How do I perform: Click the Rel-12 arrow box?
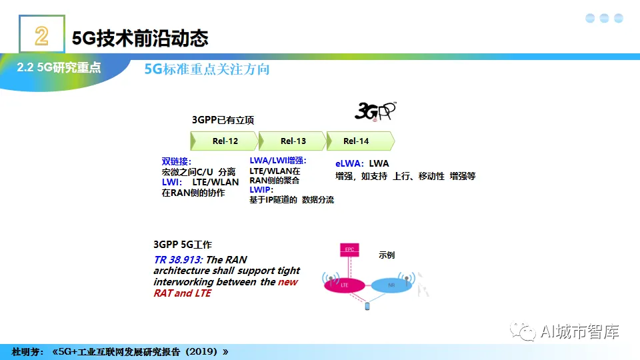225,141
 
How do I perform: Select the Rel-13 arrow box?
293,141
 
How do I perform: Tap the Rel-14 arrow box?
358,141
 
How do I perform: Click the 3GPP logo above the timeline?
375,111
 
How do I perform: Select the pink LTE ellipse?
345,285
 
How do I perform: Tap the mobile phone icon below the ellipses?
367,307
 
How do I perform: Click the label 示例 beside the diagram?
387,255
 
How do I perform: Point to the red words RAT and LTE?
182,293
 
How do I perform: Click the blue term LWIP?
261,190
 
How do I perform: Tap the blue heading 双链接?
176,161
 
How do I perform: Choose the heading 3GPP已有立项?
223,120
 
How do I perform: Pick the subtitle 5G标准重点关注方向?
207,69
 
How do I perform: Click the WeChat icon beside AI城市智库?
523,331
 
